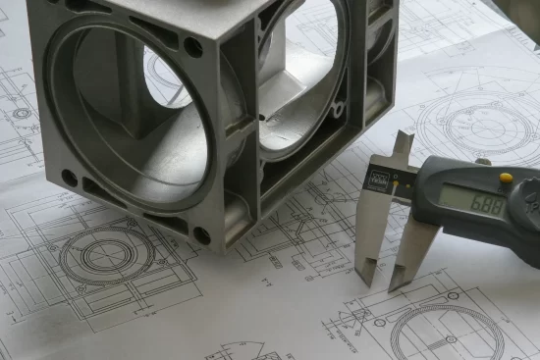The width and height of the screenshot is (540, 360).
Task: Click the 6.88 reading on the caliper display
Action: (488, 205)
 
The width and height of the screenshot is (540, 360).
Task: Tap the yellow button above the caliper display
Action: (506, 179)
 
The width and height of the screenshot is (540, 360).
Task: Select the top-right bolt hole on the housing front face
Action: (193, 46)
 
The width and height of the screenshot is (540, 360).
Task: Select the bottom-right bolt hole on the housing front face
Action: (201, 235)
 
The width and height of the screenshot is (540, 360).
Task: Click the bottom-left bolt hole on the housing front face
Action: (69, 178)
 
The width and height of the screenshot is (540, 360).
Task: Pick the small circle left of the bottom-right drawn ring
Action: (379, 322)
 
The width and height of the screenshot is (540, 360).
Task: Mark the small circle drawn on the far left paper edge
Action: (21, 113)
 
